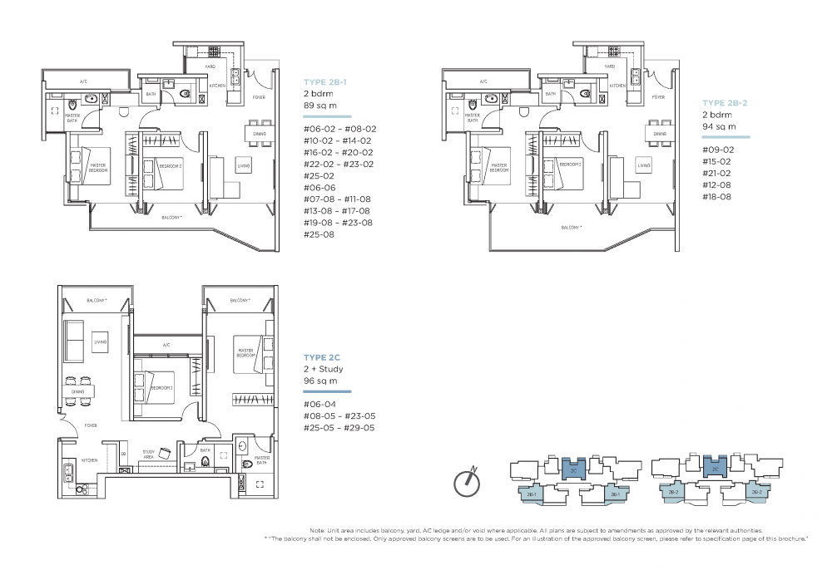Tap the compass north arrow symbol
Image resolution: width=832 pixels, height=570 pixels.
coord(468,482)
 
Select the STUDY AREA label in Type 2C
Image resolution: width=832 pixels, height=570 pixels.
coord(149,453)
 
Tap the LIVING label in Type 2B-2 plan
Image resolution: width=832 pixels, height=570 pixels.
coord(645,165)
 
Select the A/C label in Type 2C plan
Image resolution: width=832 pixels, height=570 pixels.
coord(166,344)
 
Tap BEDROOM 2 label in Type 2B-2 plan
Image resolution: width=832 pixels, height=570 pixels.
coord(570,165)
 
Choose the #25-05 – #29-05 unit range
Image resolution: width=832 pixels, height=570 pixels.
coord(340,428)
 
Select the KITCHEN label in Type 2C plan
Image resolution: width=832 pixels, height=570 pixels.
coord(90,459)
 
